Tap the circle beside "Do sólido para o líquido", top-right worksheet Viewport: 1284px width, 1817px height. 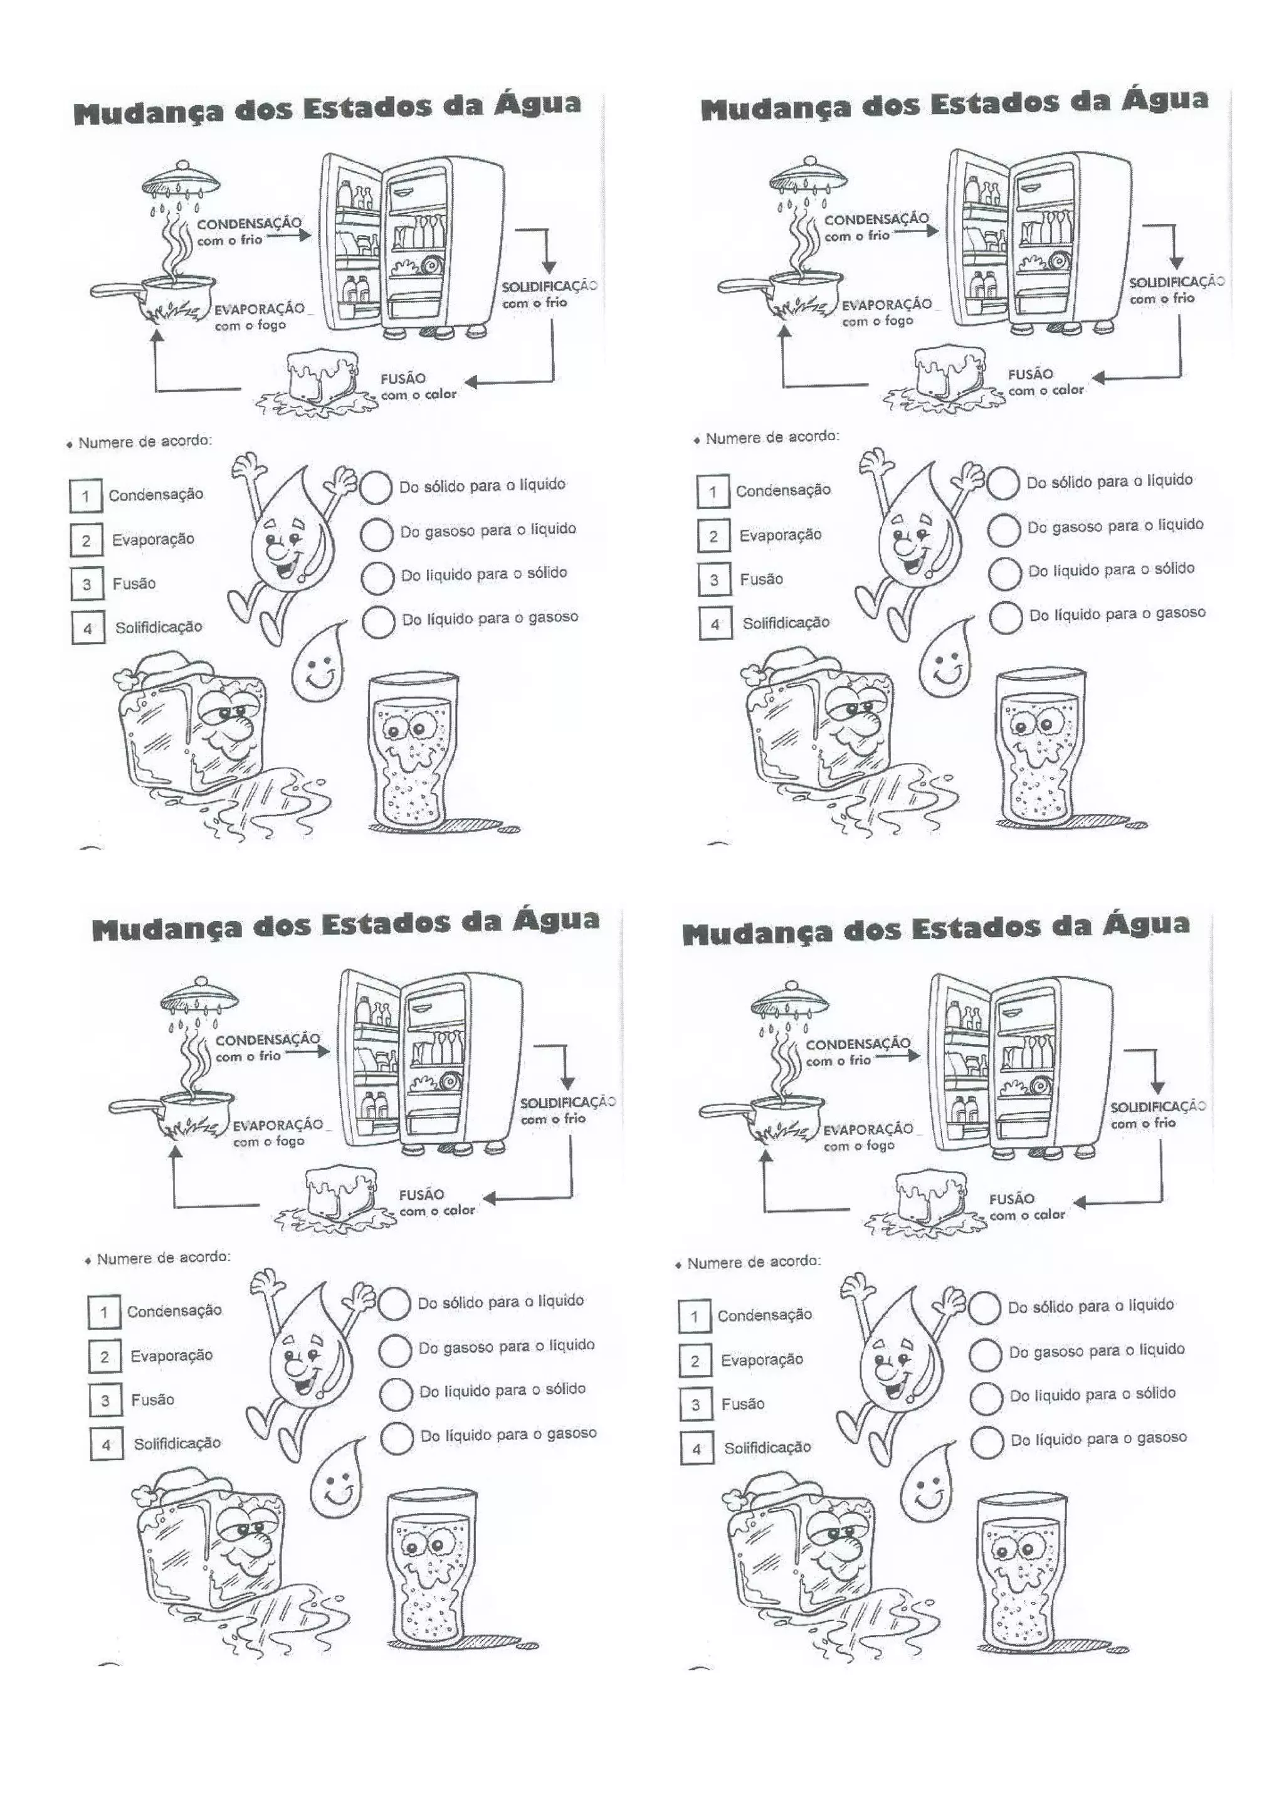pyautogui.click(x=1003, y=483)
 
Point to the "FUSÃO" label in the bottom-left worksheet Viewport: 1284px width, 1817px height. pyautogui.click(x=421, y=1194)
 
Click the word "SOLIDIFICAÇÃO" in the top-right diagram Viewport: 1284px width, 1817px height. pyautogui.click(x=1176, y=282)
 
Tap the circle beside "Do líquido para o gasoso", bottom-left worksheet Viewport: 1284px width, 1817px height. pyautogui.click(x=396, y=1437)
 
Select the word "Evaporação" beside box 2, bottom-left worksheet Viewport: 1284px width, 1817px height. pyautogui.click(x=172, y=1355)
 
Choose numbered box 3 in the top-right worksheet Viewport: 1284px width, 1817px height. pyautogui.click(x=713, y=580)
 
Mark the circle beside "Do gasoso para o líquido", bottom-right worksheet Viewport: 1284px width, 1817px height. pyautogui.click(x=986, y=1354)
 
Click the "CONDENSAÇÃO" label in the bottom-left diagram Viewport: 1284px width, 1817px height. pyautogui.click(x=268, y=1039)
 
